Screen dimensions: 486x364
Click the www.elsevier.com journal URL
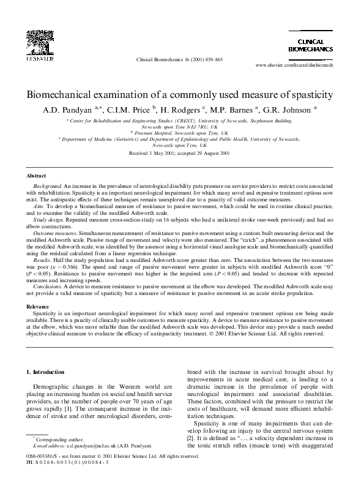(294, 64)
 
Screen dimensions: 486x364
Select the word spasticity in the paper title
(311, 95)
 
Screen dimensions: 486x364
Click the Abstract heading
(39, 176)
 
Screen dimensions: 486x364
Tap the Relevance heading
(40, 305)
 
